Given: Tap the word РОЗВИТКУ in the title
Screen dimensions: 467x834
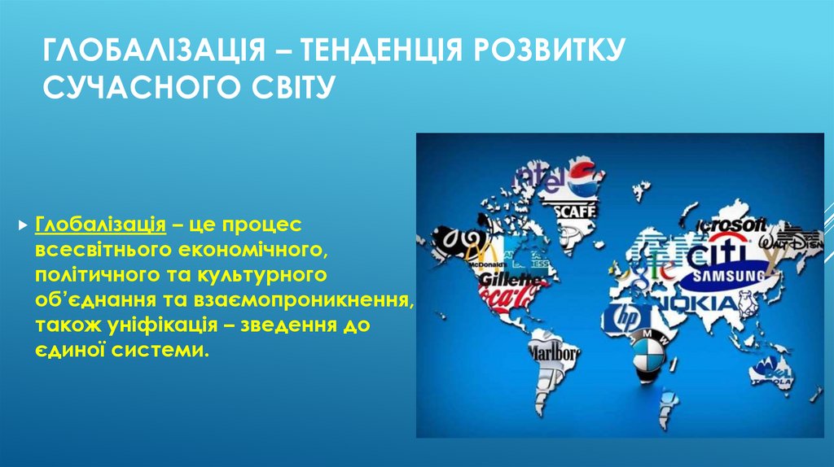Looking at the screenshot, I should [x=554, y=52].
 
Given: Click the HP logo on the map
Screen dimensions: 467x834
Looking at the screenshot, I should [x=627, y=316].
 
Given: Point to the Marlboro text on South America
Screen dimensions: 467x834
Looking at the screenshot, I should [x=555, y=353].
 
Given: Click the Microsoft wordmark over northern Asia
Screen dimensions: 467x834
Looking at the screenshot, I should [x=731, y=225].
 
